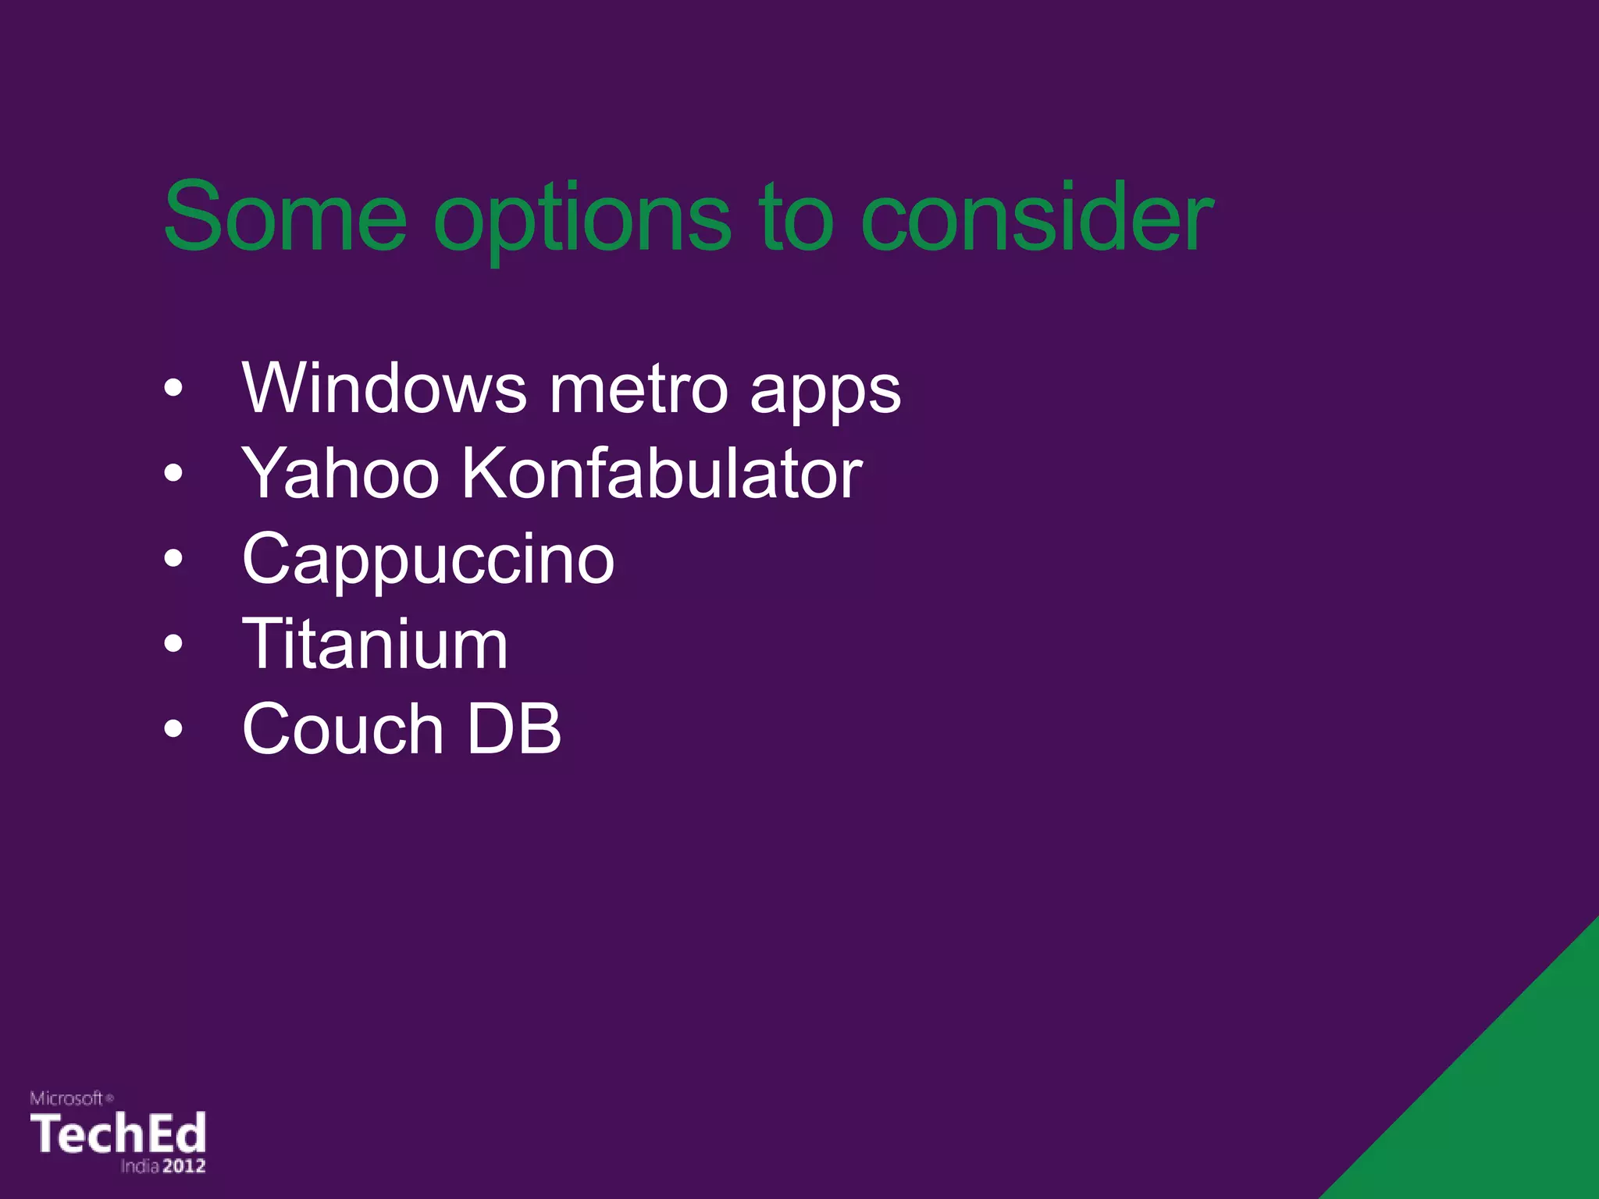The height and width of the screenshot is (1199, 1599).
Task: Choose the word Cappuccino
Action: (x=428, y=561)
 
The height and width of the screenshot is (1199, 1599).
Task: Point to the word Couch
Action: (x=343, y=729)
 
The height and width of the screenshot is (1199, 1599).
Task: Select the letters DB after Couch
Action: (x=514, y=729)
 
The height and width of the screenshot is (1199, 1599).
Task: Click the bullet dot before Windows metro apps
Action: (x=173, y=388)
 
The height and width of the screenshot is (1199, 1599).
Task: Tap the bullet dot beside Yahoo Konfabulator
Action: (x=173, y=473)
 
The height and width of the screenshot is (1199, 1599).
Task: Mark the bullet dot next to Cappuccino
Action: (x=173, y=559)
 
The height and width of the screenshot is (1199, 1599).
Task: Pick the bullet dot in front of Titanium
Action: (x=173, y=644)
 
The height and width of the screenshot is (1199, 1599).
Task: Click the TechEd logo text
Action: (x=118, y=1133)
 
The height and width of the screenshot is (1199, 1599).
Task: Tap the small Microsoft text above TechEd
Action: (x=67, y=1098)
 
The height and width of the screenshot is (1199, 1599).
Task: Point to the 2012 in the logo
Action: (x=184, y=1166)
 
